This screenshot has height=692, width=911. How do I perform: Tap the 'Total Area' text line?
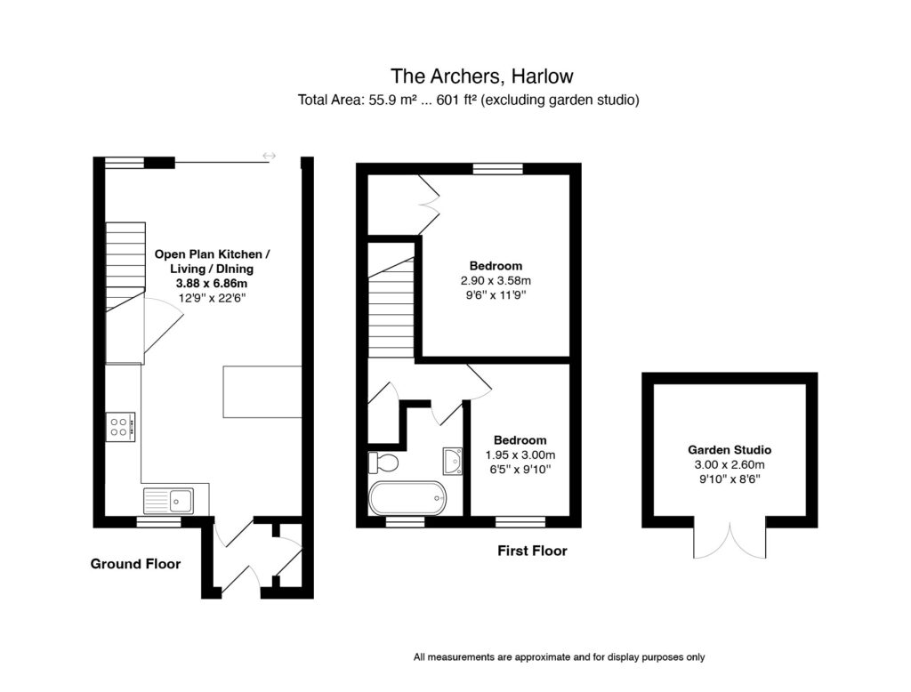pos(469,101)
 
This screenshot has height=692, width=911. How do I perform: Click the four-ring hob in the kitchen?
pos(119,426)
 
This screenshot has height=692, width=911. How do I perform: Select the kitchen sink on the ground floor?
pos(169,500)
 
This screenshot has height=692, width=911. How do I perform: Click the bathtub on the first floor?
pos(406,498)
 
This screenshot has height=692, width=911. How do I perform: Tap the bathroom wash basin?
pos(452,461)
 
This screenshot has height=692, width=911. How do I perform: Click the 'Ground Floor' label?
pos(135,564)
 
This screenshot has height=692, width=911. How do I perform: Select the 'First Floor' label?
pos(531,551)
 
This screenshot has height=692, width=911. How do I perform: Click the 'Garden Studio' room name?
pos(729,450)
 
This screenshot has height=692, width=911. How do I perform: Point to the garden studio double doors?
pos(729,542)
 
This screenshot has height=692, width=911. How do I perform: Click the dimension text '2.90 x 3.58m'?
pos(496,280)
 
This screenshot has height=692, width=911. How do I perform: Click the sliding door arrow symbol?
pos(270,157)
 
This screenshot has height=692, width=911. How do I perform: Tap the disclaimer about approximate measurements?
pos(559,657)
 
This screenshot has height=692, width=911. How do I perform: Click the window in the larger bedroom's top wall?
pos(497,168)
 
